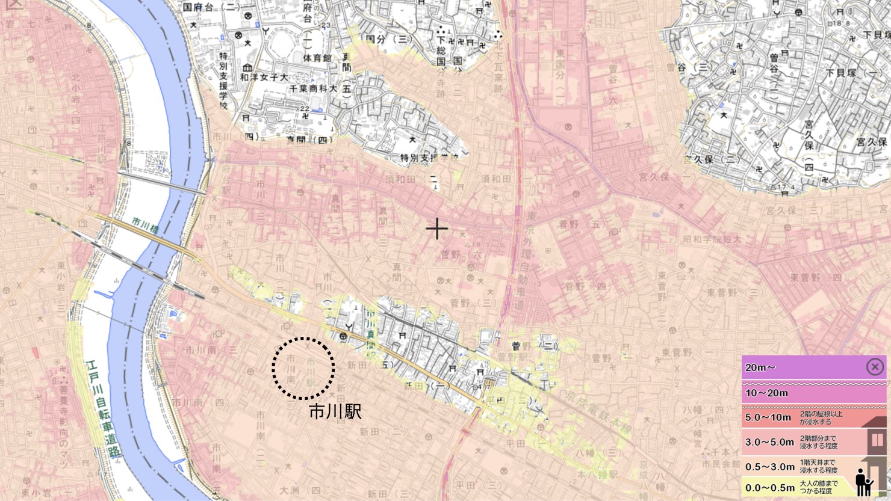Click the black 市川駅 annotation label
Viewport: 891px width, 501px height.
tap(335, 412)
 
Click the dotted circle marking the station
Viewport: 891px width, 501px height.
tap(303, 367)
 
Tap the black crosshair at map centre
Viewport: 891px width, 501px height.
tap(437, 229)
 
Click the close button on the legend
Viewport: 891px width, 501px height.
tap(875, 366)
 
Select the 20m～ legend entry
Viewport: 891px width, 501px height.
tap(801, 367)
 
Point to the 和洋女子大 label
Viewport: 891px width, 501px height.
tap(264, 77)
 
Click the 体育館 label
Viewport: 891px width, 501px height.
tap(317, 58)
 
